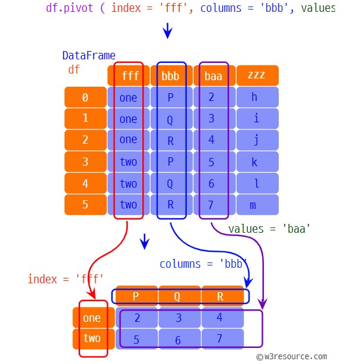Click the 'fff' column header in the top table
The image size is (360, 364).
[x=128, y=76]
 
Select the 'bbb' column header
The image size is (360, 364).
[x=171, y=76]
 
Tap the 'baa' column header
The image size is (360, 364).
[x=214, y=76]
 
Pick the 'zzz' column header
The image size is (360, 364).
[x=257, y=76]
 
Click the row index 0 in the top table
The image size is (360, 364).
[x=85, y=97]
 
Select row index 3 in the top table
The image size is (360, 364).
[x=85, y=162]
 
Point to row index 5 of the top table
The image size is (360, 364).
[x=85, y=204]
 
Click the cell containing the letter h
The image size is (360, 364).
[x=257, y=97]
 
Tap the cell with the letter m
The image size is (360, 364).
[x=257, y=204]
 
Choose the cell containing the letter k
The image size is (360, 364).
[x=257, y=162]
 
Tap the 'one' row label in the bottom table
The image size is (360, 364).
[x=92, y=318]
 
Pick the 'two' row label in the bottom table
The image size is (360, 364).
[x=92, y=338]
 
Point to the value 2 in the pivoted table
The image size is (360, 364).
[x=138, y=318]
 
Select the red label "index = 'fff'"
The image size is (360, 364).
[x=65, y=278]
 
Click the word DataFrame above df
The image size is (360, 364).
[x=89, y=56]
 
